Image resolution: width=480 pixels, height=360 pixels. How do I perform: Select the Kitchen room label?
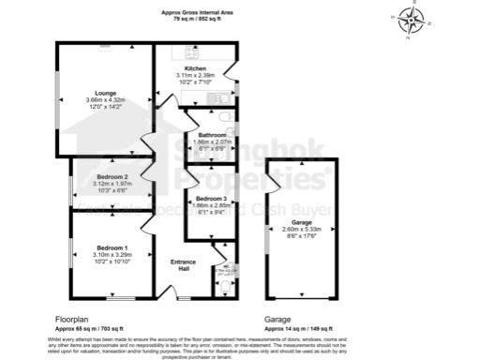click(195, 68)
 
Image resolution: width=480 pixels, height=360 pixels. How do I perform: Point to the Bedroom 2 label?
click(112, 176)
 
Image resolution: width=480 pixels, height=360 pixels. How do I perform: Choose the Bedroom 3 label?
click(210, 199)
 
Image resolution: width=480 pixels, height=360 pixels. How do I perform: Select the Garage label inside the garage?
click(302, 222)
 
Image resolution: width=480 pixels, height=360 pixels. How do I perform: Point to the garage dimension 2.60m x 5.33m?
click(302, 229)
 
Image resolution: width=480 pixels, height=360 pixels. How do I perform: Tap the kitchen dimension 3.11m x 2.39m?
click(195, 75)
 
